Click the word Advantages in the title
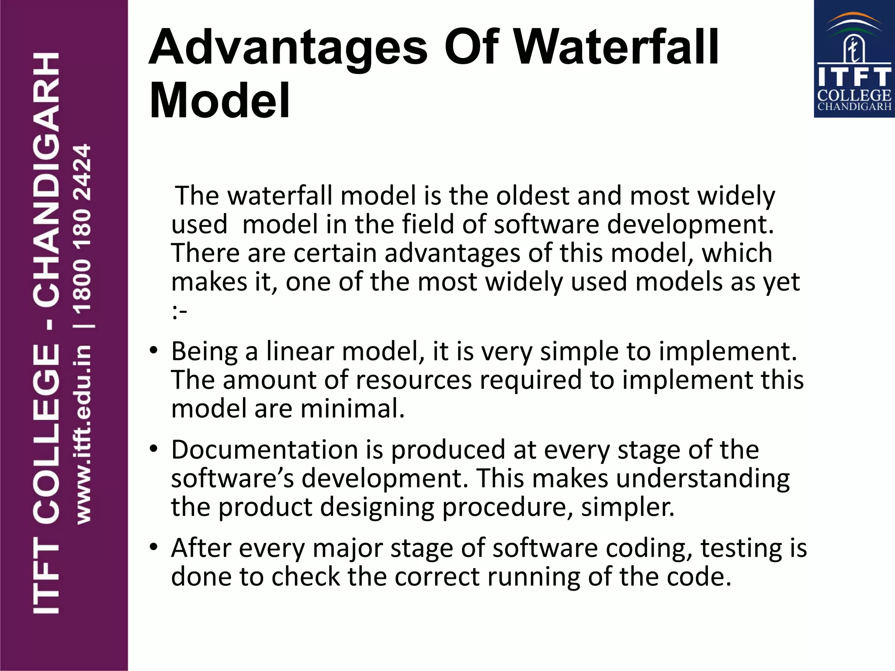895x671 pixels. click(288, 47)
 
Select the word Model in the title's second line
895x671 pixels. click(219, 101)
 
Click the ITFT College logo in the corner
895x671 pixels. click(854, 59)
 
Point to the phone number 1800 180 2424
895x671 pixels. click(82, 229)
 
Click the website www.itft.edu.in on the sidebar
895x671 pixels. click(83, 435)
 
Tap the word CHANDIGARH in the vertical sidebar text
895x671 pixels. click(46, 180)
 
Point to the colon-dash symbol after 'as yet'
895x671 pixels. click(180, 311)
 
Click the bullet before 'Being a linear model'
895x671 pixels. click(153, 350)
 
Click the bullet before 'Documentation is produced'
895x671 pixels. click(153, 449)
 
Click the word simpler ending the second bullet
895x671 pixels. click(628, 507)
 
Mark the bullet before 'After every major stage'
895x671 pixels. click(153, 547)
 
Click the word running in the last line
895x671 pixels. click(534, 577)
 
